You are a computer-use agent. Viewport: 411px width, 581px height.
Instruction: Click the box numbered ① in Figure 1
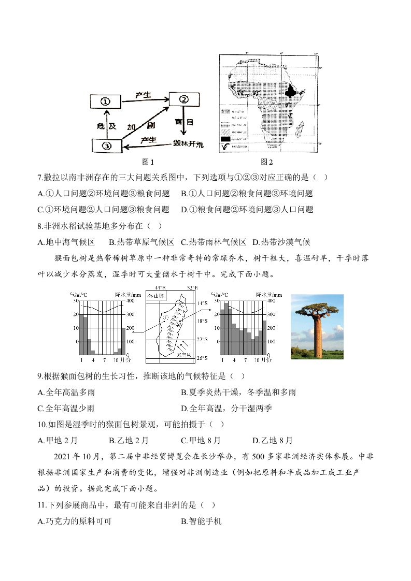click(105, 101)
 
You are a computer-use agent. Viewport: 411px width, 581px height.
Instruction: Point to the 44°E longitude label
click(160, 287)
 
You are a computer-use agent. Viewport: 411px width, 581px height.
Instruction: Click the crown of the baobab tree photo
click(316, 309)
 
